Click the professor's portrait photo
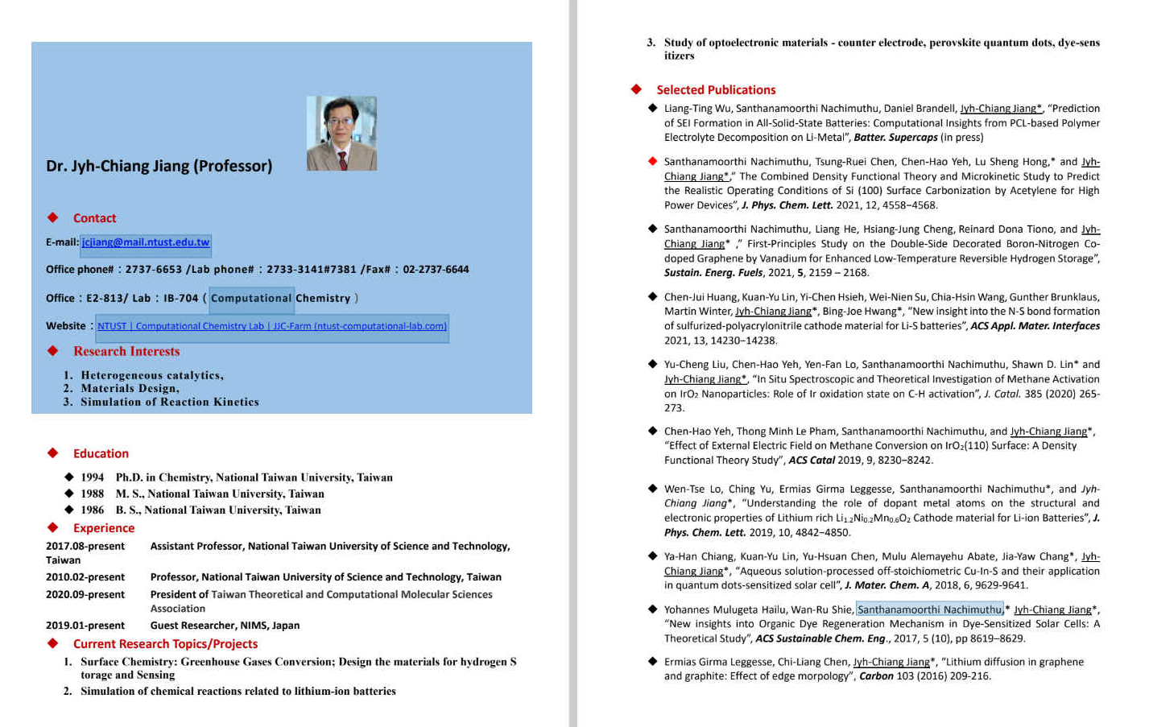(341, 134)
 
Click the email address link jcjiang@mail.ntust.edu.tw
(146, 242)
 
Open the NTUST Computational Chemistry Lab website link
(272, 326)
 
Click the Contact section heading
(94, 218)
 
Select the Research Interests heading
(126, 351)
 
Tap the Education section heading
(101, 453)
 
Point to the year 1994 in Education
(93, 477)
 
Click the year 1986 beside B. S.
(93, 510)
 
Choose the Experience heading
(104, 528)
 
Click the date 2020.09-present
(85, 594)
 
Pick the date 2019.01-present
(85, 626)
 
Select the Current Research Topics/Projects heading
(165, 644)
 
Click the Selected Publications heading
(716, 90)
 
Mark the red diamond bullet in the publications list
(653, 161)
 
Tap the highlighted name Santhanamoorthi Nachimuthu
(929, 609)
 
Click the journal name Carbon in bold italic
(876, 676)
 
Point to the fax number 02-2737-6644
(436, 270)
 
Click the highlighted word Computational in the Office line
(251, 299)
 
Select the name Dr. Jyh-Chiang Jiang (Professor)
(159, 166)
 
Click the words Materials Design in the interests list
(129, 388)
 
